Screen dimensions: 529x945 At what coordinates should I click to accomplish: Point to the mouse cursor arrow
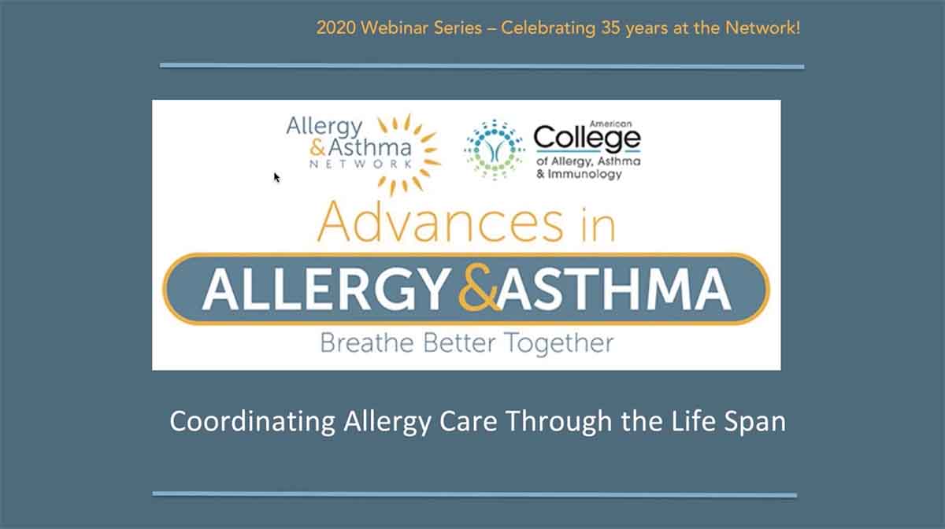[276, 177]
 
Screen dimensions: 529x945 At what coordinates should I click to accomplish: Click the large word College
[587, 138]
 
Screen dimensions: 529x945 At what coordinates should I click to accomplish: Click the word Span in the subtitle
[754, 421]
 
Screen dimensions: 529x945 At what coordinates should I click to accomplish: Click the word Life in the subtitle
[693, 420]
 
